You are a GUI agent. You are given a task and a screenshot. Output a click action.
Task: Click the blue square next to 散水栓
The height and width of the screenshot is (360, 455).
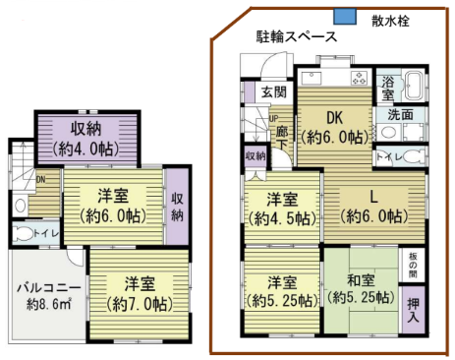pos(344,17)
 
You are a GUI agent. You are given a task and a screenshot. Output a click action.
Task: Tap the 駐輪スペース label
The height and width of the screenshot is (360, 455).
pos(297,37)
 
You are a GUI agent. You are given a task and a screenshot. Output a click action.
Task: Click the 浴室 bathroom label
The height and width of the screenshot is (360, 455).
pos(388,88)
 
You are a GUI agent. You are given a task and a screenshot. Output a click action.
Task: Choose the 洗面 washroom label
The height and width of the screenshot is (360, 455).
pos(400,114)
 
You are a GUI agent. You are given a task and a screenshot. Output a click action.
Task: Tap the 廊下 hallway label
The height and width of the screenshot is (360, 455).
pos(283,137)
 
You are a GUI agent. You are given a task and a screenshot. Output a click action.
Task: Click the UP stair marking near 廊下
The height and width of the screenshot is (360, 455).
pos(274,119)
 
